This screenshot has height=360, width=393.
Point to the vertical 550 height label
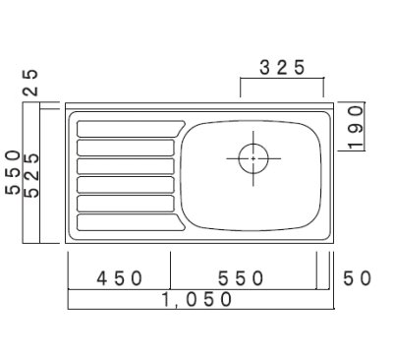point(13,173)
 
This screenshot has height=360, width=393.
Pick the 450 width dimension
point(120,278)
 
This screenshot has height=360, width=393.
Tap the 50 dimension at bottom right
point(357,278)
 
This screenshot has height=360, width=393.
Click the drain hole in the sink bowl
point(253,157)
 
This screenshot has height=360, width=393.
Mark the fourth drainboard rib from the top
point(125,184)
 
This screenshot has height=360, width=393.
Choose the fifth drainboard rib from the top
point(125,203)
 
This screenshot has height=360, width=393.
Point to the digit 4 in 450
point(102,278)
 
